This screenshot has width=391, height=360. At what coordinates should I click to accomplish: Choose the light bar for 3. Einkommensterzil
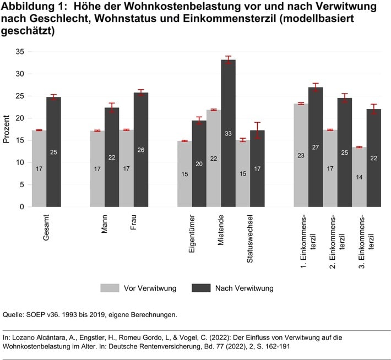[359, 177]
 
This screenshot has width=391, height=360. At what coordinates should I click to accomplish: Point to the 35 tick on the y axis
[20, 52]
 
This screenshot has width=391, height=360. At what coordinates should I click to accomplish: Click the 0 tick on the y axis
[22, 207]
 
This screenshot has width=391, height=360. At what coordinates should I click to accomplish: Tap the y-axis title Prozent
[7, 129]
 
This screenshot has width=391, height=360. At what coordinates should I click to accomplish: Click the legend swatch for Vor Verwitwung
[110, 288]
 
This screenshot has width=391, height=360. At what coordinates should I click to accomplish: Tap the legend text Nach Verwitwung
[244, 288]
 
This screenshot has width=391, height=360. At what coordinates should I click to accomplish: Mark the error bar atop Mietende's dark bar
[228, 59]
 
